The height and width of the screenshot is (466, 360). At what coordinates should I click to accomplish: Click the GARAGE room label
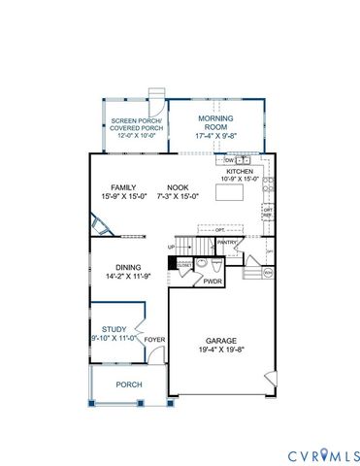[218, 340]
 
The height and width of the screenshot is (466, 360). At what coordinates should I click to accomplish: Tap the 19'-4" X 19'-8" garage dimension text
[218, 349]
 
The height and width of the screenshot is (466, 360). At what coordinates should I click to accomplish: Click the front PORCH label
[128, 384]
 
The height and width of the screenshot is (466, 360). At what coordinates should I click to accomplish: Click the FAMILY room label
[123, 187]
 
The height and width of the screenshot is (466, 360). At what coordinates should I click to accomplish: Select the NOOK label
[178, 187]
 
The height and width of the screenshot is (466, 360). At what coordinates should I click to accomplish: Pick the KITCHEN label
[240, 169]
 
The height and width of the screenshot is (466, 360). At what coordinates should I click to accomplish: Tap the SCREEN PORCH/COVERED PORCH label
[136, 124]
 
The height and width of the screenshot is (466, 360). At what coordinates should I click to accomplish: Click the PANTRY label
[228, 243]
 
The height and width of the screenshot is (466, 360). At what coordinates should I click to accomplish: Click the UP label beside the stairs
[172, 248]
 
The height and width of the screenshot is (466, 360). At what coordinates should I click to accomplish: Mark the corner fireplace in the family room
[100, 225]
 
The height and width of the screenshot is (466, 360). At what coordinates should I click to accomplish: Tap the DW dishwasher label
[229, 160]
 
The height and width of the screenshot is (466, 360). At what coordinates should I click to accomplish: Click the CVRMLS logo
[323, 454]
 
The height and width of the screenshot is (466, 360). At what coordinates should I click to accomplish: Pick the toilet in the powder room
[203, 263]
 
